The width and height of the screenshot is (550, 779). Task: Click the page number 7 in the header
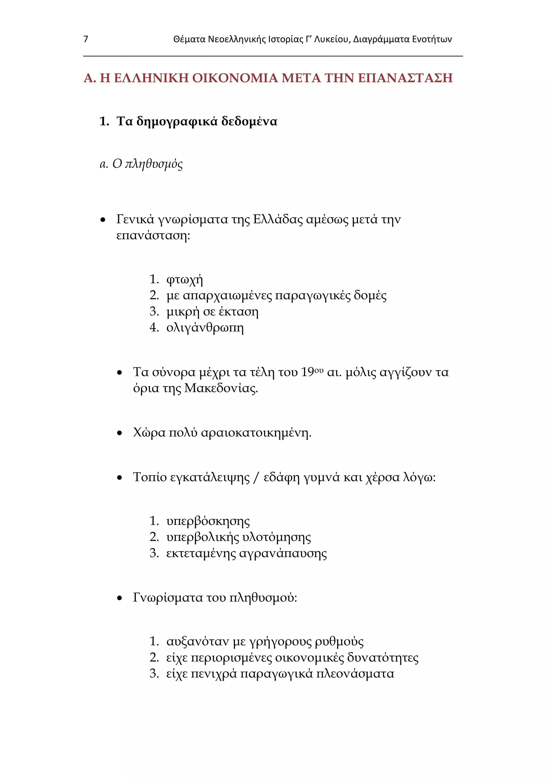point(86,39)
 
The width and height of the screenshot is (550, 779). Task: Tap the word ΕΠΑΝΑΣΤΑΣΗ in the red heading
point(405,78)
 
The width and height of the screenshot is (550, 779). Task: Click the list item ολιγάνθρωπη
point(205,328)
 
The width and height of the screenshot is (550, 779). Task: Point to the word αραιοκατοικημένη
point(256,433)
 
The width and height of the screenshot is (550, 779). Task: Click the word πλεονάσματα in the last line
point(355,674)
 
